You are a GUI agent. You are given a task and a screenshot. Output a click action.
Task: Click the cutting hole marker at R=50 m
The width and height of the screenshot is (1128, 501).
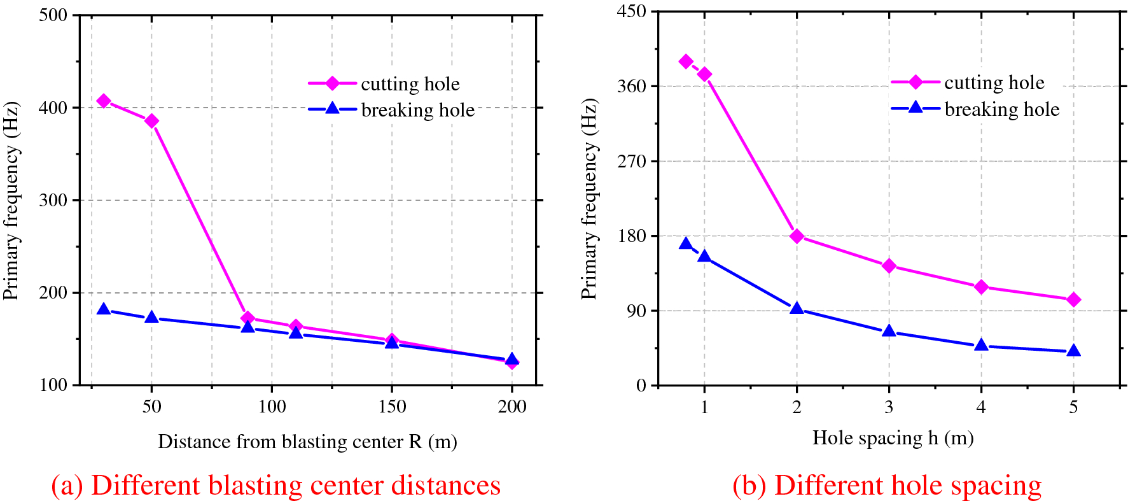151,121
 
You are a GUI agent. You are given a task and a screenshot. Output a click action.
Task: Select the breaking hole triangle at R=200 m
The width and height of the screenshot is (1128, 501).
512,360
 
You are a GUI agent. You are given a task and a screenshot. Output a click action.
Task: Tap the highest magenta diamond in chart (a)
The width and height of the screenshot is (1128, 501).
104,101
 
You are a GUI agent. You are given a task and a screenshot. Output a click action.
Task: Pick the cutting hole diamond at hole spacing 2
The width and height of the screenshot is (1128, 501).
797,236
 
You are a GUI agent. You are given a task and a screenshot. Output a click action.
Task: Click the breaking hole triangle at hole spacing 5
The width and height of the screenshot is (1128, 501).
1073,351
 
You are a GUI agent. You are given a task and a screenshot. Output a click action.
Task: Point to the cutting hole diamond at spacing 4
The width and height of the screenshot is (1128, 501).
981,287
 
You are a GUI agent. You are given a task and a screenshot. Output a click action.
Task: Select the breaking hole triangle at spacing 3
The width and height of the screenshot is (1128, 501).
889,331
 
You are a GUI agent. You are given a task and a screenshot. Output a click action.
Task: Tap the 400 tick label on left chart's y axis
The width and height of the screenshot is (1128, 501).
53,108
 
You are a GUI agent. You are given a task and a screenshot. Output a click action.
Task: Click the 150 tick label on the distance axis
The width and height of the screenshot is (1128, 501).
392,407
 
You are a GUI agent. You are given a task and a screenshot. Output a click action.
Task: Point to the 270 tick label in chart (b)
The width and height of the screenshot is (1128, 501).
631,161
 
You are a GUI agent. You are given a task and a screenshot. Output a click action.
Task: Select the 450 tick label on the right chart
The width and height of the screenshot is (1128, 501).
631,11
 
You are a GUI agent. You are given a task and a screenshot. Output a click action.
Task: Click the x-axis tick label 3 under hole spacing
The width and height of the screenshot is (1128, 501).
889,407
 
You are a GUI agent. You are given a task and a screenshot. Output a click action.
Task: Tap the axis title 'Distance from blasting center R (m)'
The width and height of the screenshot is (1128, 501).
307,442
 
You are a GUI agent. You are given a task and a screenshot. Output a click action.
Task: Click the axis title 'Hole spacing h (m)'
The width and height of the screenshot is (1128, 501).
893,438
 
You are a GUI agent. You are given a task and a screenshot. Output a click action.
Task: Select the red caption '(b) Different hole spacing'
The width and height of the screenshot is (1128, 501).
887,486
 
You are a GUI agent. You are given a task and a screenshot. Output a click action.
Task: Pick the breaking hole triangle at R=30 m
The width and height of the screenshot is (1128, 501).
104,309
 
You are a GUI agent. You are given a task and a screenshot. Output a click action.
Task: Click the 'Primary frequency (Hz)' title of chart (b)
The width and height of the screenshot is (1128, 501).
589,199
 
